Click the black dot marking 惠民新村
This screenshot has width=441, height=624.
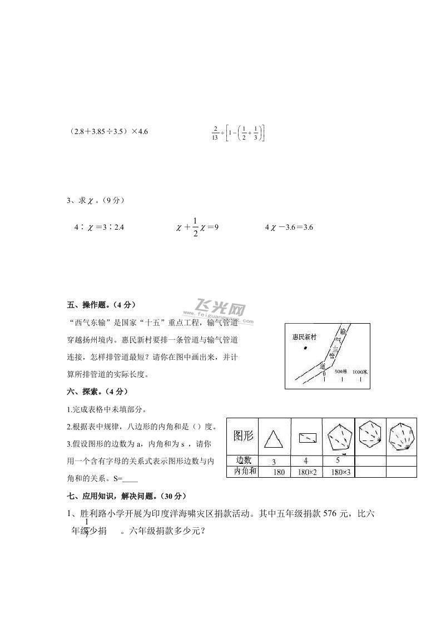tap(305, 348)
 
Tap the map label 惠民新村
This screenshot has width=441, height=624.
tap(304, 337)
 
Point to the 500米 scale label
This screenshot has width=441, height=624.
tap(341, 371)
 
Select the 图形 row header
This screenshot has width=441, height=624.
tap(243, 435)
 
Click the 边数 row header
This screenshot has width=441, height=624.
tap(244, 460)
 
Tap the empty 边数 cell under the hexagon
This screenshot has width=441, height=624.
tap(370, 460)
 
